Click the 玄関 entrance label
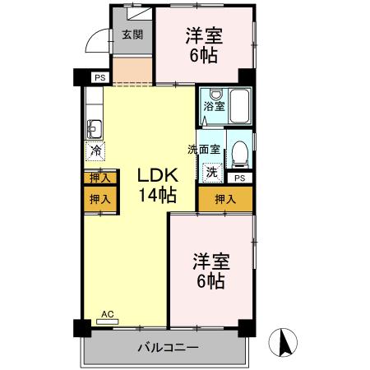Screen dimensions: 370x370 132,35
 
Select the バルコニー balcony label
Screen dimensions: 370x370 167,349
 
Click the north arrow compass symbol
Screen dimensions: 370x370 284,341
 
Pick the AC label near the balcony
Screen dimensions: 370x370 106,314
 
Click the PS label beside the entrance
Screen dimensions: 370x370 99,77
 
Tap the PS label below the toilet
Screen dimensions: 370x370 239,178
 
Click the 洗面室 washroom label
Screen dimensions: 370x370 202,150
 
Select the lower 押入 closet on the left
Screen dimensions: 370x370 99,198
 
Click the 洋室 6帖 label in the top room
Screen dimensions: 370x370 203,44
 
